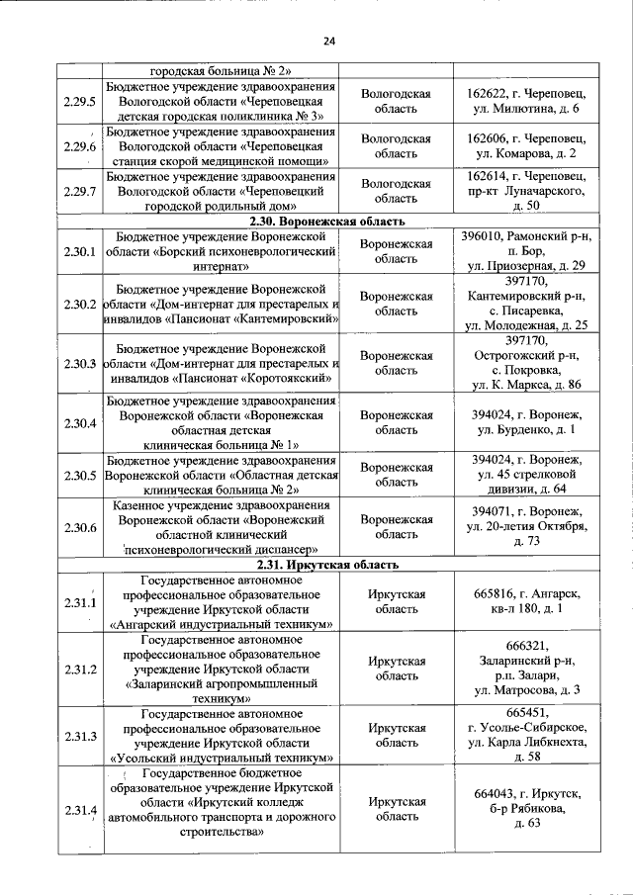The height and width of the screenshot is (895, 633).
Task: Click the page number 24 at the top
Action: pos(328,41)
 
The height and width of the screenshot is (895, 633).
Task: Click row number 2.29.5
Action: pos(78,101)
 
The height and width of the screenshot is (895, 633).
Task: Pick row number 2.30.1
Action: pos(78,251)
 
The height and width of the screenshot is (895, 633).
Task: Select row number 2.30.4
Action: pos(78,423)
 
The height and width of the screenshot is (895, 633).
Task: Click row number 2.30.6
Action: pos(78,527)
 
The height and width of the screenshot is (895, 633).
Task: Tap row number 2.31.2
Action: pos(78,670)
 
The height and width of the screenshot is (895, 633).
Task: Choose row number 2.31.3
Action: pos(78,736)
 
